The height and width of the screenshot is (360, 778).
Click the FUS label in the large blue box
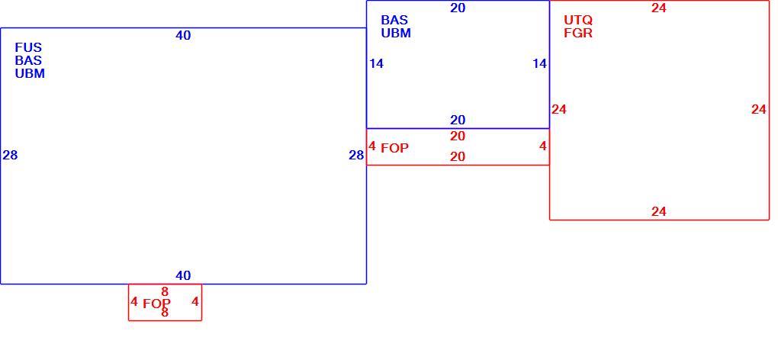point(28,47)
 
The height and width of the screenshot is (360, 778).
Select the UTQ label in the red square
point(578,21)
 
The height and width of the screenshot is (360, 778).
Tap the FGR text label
point(578,34)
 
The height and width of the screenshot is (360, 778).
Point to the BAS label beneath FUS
point(28,60)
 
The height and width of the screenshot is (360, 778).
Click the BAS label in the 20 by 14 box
point(394,21)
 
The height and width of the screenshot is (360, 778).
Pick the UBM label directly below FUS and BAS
point(30,73)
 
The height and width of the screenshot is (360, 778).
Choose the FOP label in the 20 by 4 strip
point(395,148)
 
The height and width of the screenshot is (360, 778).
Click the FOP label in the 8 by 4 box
point(157,304)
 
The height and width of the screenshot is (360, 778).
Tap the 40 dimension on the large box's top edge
point(183,35)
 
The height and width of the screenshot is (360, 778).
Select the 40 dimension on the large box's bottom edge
point(183,275)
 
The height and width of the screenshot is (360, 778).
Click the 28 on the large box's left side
point(10,155)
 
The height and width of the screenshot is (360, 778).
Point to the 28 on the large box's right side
point(356,155)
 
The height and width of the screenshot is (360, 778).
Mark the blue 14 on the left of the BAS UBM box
point(376,63)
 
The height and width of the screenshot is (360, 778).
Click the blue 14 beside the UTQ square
point(539,63)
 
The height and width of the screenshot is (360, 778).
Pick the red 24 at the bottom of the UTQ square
point(659,212)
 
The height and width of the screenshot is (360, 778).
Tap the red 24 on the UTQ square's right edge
point(759,110)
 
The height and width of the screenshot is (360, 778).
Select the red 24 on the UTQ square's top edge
point(659,8)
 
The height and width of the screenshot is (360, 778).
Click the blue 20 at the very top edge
point(458,8)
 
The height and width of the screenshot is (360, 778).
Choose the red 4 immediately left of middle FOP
point(372,146)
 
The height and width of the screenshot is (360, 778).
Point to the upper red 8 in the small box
point(165,291)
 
